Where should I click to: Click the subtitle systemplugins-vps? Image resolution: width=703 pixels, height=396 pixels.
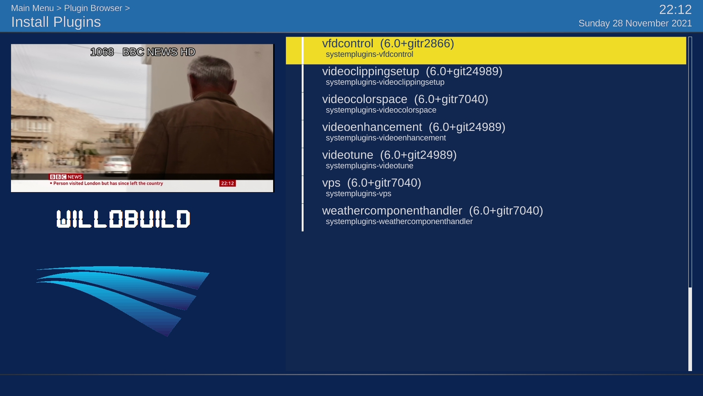tap(358, 194)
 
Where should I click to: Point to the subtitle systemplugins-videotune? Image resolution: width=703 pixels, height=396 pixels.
tap(369, 166)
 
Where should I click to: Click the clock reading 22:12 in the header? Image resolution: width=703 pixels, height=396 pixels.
tap(676, 10)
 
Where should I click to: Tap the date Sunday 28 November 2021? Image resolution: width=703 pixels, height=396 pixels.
tap(635, 23)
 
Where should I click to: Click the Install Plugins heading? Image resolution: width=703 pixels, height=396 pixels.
tap(56, 22)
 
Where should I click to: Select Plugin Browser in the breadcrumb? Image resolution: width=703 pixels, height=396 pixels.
tap(93, 8)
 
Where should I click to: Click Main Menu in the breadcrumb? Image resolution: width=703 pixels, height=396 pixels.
tap(32, 8)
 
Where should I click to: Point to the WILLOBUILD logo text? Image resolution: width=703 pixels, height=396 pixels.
tap(123, 219)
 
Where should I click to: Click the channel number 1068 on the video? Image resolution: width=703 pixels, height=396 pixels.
tap(102, 52)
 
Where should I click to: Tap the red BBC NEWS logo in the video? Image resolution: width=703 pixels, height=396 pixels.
tap(66, 177)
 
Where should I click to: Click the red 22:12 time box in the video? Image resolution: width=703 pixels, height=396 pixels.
tap(227, 183)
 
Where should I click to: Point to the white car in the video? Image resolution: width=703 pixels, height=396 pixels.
tap(117, 164)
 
